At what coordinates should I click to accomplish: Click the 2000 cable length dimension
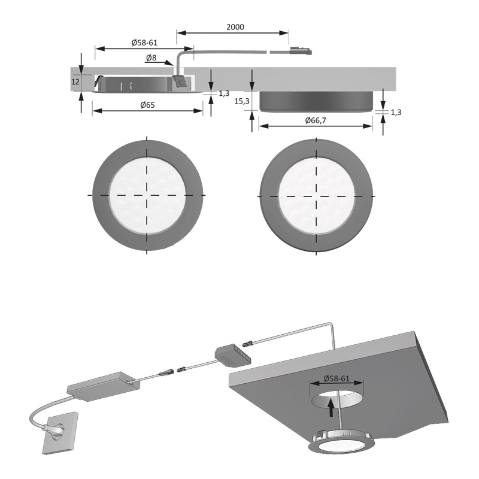point(235,27)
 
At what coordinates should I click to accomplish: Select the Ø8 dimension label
point(152,58)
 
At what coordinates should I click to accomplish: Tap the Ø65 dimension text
point(147,105)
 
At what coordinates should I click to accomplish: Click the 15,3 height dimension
point(242,102)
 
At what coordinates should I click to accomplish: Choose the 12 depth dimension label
point(75,81)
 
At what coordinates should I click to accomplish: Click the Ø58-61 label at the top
point(144,43)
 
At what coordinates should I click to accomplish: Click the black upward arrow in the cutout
point(330,408)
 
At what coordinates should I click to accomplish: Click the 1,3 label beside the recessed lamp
point(224,93)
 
